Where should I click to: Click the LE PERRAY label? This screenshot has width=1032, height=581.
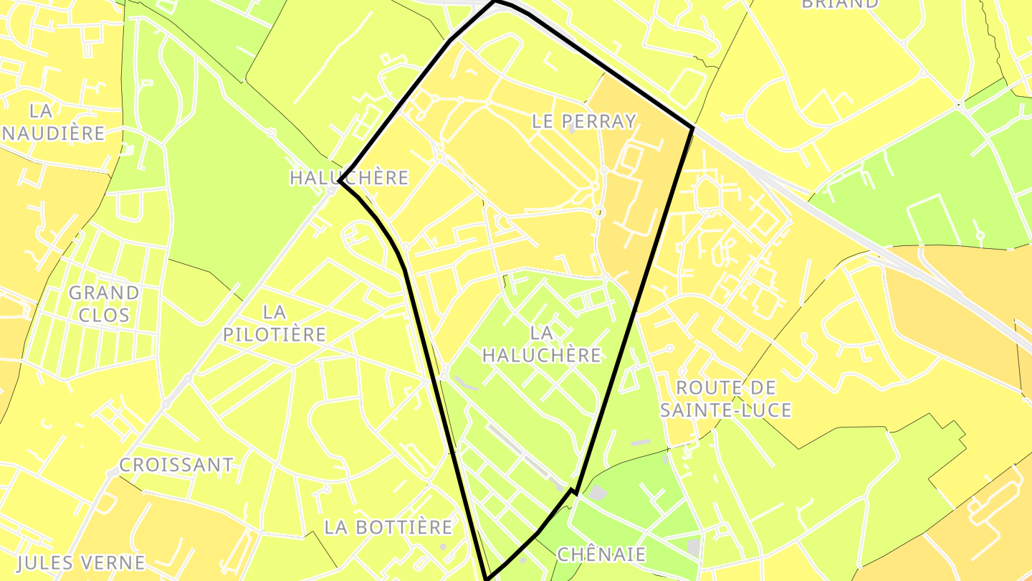pos(584,121)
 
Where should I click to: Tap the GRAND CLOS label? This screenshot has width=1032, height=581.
pos(104,303)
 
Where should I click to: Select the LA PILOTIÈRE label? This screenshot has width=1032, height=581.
pos(274,323)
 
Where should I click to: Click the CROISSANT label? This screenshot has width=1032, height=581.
pos(176,465)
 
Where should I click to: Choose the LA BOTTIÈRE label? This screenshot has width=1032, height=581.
pos(388,527)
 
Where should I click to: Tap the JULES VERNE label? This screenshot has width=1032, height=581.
pos(81,562)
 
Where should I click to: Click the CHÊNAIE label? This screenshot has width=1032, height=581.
pos(601,554)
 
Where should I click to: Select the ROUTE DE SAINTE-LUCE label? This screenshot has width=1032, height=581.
pos(725,399)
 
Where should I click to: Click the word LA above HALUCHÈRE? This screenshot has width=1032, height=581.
pos(542,333)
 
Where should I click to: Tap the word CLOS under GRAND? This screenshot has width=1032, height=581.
pos(105,315)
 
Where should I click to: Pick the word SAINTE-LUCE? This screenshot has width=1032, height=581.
pos(725,410)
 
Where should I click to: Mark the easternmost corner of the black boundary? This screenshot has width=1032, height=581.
pos(692,128)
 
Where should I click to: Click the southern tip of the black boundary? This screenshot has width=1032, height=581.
pos(487,578)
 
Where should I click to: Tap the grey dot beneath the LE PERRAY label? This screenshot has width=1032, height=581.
pos(572,131)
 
